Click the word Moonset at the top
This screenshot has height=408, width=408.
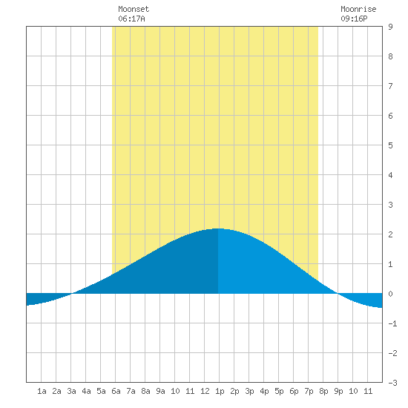pyautogui.click(x=134, y=9)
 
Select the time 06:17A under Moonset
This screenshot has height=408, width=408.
pyautogui.click(x=131, y=19)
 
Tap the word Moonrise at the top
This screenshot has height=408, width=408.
pyautogui.click(x=358, y=9)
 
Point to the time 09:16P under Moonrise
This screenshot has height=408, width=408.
pyautogui.click(x=354, y=19)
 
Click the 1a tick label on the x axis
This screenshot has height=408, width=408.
pyautogui.click(x=42, y=391)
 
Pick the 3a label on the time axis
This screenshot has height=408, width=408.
pyautogui.click(x=71, y=391)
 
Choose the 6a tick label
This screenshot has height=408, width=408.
pyautogui.click(x=116, y=391)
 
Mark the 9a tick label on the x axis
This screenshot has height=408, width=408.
pyautogui.click(x=160, y=391)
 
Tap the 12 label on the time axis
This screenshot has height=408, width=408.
pyautogui.click(x=205, y=391)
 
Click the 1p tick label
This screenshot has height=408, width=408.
pyautogui.click(x=220, y=391)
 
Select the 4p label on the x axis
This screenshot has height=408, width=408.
pyautogui.click(x=264, y=391)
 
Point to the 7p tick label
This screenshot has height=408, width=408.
pyautogui.click(x=309, y=391)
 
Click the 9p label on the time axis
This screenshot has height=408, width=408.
pyautogui.click(x=338, y=391)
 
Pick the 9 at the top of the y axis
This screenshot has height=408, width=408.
pyautogui.click(x=390, y=27)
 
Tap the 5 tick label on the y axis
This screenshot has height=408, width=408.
pyautogui.click(x=390, y=145)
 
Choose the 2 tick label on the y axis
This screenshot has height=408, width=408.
pyautogui.click(x=390, y=234)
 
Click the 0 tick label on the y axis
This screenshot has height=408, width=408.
pyautogui.click(x=390, y=294)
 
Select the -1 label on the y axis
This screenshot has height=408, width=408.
pyautogui.click(x=392, y=323)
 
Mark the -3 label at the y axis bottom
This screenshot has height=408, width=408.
pyautogui.click(x=392, y=383)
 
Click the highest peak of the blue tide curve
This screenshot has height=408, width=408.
pyautogui.click(x=218, y=228)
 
